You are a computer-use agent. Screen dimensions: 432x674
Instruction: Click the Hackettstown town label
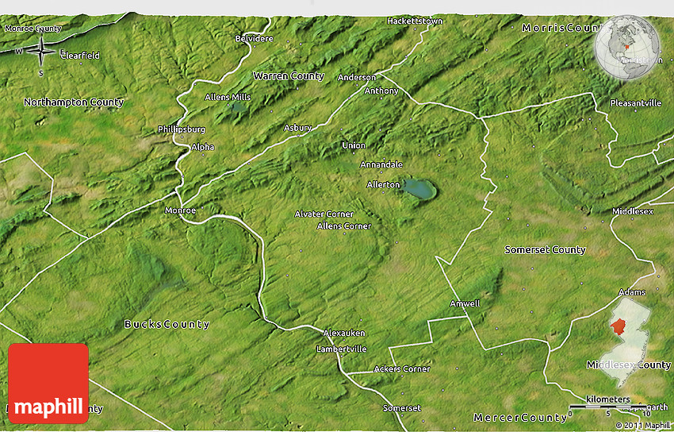coord(414,21)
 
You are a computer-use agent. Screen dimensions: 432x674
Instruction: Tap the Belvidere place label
coord(254,38)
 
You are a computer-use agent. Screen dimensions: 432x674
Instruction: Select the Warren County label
coord(289,76)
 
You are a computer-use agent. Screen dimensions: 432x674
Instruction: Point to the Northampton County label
coord(74,102)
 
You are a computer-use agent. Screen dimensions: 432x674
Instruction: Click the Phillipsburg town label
coord(181,129)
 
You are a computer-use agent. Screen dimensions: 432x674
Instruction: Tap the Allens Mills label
coord(228,97)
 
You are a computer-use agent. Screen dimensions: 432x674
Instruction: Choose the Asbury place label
coord(298,127)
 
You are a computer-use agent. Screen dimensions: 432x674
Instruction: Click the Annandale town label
coord(381,164)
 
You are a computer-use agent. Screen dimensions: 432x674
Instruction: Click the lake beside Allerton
coord(419,189)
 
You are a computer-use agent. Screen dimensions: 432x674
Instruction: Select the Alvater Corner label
coord(324,214)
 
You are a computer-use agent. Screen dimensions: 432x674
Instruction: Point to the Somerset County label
coord(545,250)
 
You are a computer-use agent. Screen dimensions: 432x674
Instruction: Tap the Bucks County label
coord(167,324)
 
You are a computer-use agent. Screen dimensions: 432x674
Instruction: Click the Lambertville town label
coord(341,349)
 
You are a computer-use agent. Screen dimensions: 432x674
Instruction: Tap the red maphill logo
coord(48,384)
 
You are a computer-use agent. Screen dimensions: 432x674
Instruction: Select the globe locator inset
coord(627,50)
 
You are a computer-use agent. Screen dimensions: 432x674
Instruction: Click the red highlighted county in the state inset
coord(618,326)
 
